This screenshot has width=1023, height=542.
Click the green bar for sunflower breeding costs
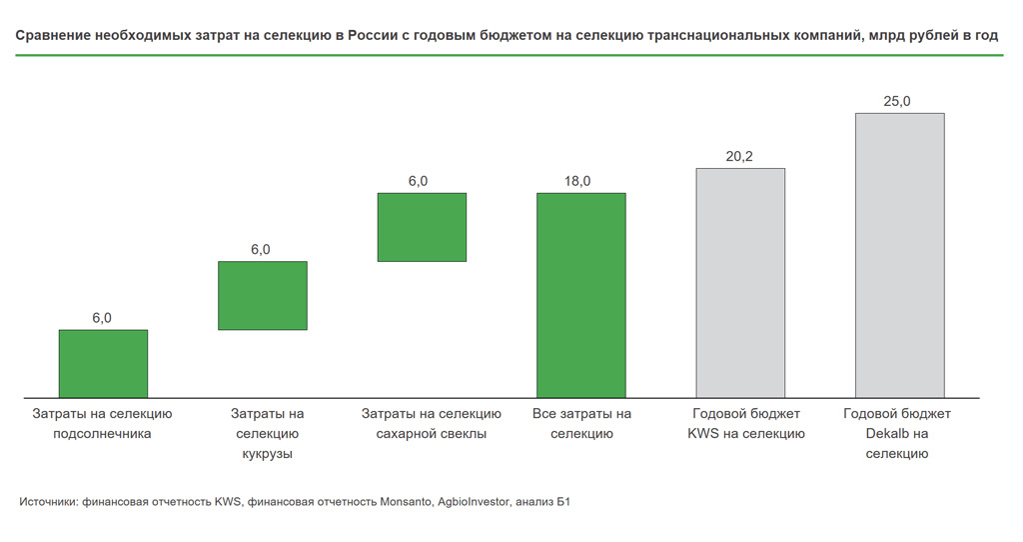103,363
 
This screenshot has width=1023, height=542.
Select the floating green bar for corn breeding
262,295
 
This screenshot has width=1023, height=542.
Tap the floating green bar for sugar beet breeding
422,227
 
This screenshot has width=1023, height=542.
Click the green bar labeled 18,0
580,295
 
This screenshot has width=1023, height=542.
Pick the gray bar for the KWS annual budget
740,282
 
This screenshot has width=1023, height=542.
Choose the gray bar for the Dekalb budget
899,255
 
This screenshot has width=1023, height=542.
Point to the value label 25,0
897,101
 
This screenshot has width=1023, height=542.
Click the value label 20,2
739,156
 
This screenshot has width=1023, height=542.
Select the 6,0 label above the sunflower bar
102,318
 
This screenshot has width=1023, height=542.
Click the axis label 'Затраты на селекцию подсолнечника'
102,424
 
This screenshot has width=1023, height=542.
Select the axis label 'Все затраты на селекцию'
581,424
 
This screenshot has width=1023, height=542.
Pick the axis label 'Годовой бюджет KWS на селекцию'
745,424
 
